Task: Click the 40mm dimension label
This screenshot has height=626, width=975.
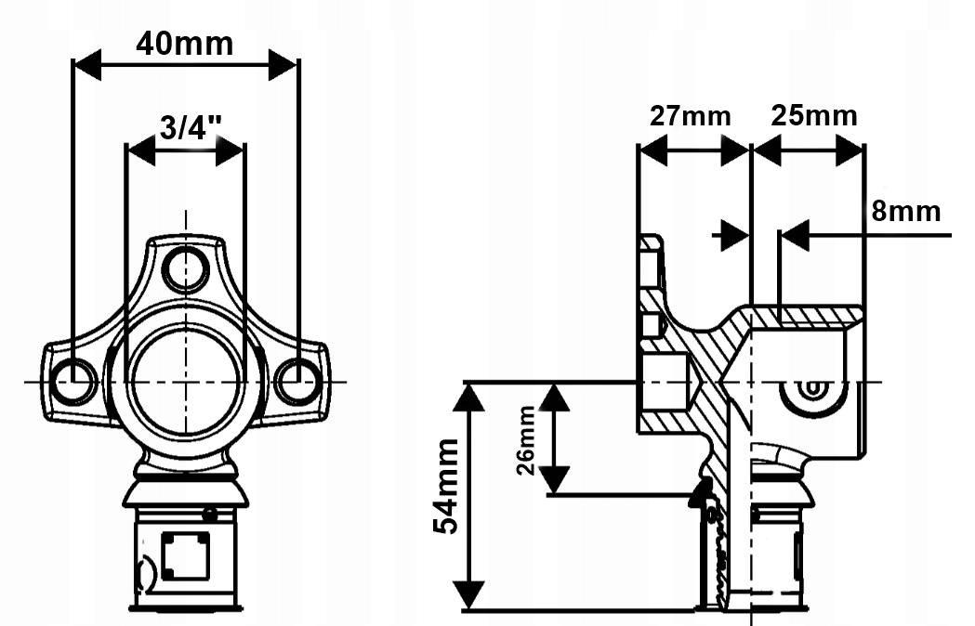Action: tap(185, 43)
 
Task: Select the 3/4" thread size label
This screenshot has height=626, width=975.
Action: tap(186, 126)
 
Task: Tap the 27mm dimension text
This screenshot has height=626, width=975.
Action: tap(690, 116)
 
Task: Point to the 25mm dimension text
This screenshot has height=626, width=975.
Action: tap(814, 116)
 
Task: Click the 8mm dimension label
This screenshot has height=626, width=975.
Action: tap(905, 211)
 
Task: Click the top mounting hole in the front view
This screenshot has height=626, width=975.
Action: tap(186, 268)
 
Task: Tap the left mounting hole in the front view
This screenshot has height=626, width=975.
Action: tap(74, 381)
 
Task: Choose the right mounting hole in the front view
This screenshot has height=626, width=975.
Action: tap(298, 381)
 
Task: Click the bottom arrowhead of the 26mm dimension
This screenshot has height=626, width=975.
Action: tap(555, 480)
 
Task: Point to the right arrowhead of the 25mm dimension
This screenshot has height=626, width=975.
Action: tap(850, 150)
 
